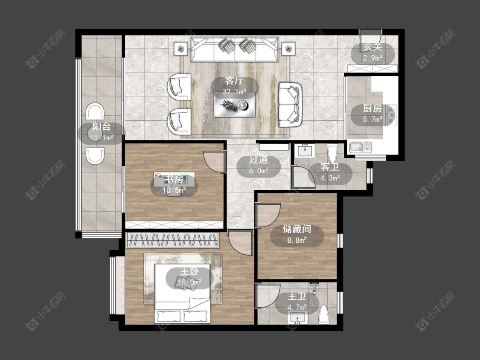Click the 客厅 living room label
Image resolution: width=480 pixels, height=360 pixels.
point(234,81)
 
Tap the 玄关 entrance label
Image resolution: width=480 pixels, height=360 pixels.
point(372,47)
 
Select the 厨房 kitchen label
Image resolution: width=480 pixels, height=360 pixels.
point(372,108)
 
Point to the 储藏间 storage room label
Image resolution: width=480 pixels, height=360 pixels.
point(297,229)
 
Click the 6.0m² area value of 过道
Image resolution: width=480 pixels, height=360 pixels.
point(259,171)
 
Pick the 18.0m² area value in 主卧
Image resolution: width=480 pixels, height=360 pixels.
point(189,282)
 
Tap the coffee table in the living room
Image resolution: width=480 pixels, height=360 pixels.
point(235,105)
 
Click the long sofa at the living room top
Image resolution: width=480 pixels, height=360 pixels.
point(235,49)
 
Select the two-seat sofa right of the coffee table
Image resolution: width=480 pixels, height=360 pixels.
point(290,105)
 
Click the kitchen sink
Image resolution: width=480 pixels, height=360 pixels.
point(361,147)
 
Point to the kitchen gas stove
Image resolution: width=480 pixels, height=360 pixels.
point(392,115)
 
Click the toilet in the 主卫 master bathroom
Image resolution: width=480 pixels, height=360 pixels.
point(323,314)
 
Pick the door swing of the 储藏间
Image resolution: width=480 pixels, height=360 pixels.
point(268,215)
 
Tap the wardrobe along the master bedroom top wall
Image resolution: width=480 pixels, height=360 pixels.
point(173,240)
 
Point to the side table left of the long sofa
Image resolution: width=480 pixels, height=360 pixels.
point(181,49)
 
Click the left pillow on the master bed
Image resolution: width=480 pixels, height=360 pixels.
point(169,316)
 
